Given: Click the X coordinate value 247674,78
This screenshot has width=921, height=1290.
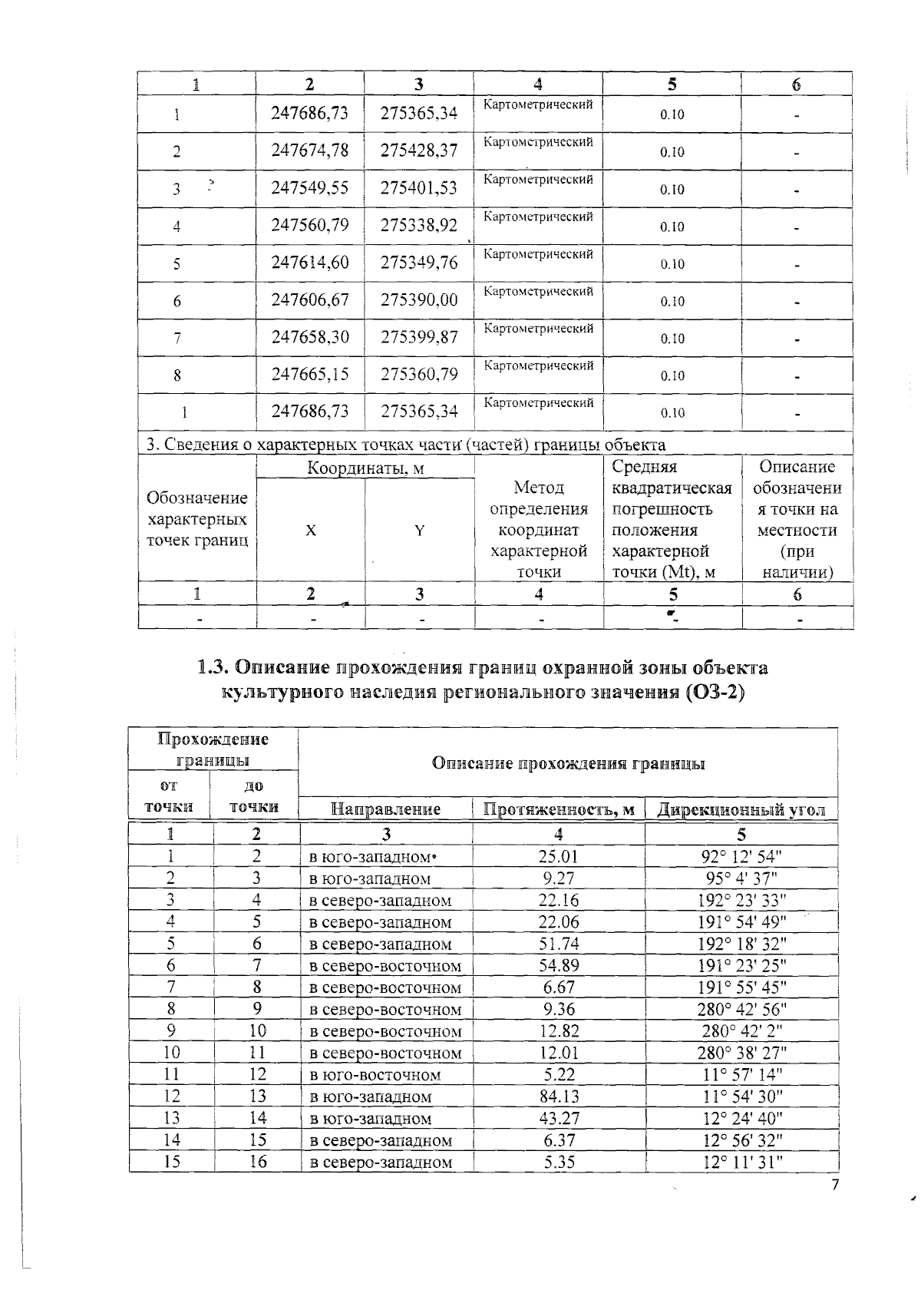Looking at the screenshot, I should tap(310, 150).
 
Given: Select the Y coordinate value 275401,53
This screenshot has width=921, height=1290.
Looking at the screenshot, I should tap(419, 188).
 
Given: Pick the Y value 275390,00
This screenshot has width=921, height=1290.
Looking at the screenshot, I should tap(419, 300).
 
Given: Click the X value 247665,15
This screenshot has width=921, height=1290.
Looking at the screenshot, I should tap(310, 375).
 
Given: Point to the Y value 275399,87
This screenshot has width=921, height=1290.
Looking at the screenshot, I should tap(419, 338).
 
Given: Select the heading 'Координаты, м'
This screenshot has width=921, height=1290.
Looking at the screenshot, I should tap(365, 468).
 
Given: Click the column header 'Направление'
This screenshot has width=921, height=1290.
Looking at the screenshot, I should tap(385, 809).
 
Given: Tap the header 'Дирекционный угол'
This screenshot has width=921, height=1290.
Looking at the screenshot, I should tap(741, 809).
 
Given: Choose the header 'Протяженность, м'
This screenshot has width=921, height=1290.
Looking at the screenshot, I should tap(558, 809).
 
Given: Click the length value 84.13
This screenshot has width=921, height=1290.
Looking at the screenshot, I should tap(559, 1096).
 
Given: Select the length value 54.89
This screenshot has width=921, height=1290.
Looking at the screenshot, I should tap(559, 966).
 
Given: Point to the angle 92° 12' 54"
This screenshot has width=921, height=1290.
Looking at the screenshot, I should tap(741, 857).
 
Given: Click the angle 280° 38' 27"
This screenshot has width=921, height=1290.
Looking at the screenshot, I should tap(741, 1053).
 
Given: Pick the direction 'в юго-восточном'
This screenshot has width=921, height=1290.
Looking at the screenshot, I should tap(375, 1075).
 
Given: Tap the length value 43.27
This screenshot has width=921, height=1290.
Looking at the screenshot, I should tap(559, 1119).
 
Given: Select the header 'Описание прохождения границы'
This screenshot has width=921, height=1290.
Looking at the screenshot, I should tap(568, 763).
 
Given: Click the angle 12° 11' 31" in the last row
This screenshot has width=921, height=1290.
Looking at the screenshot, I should tap(741, 1162).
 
